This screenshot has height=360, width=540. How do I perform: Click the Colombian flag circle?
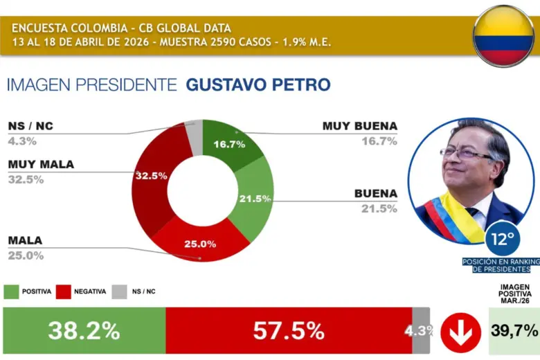click(x=503, y=35)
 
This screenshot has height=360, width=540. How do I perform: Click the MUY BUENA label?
click(x=359, y=126)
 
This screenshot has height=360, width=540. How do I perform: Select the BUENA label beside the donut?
click(x=375, y=193)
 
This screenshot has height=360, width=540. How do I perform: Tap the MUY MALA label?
click(x=41, y=164)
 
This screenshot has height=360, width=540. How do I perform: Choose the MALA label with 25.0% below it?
click(x=25, y=240)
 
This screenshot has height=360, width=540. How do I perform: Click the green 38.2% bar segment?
click(x=84, y=331)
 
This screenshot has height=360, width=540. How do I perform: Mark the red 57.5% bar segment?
click(x=289, y=331)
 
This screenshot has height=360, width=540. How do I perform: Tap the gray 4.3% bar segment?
click(x=422, y=331)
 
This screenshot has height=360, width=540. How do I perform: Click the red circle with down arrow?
click(x=460, y=332)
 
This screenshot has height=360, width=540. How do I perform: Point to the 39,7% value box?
click(x=514, y=331)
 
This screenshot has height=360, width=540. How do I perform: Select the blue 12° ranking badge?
click(x=503, y=240)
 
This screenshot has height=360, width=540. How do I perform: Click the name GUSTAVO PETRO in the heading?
click(x=258, y=85)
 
